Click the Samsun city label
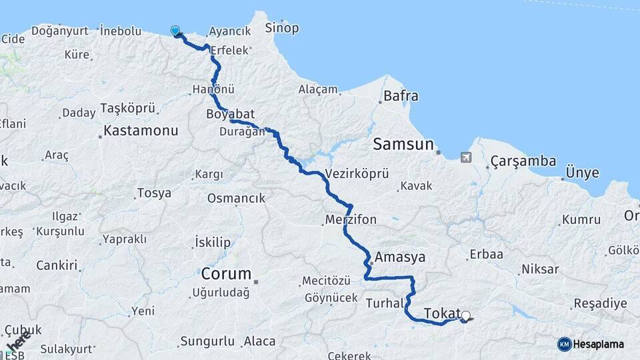click(403, 144)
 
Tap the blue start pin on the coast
click(175, 31)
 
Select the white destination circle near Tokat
click(465, 316)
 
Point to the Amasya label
click(400, 257)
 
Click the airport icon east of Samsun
click(465, 157)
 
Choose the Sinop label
click(281, 28)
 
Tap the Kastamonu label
click(141, 131)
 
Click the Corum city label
click(226, 273)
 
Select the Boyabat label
click(231, 113)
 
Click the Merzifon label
click(351, 219)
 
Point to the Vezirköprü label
click(357, 174)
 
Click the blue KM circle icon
click(564, 344)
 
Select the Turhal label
click(384, 303)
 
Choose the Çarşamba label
click(523, 161)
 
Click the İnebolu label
click(121, 30)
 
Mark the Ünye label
click(582, 173)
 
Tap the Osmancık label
click(236, 198)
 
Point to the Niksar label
click(540, 270)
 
